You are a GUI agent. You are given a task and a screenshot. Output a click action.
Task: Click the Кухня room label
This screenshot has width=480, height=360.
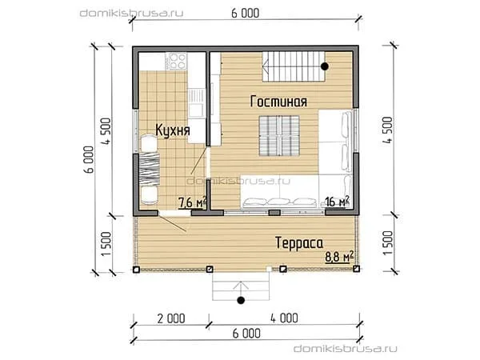coord(173,130)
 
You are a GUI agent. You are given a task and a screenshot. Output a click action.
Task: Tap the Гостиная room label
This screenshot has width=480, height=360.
coord(278,102)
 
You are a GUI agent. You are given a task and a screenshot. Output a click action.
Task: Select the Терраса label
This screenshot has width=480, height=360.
coord(299,243)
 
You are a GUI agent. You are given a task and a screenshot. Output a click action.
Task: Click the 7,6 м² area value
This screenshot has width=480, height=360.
coord(192,202)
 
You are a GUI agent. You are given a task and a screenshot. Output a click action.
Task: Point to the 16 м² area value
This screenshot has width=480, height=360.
coord(338,202)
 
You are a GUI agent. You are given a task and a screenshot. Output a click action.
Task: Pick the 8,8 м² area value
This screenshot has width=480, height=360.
coord(339,257)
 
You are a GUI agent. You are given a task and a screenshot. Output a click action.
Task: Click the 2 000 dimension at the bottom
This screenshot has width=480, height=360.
coord(171,318)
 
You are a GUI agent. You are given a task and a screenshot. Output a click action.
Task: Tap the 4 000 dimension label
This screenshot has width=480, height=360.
coord(284,318)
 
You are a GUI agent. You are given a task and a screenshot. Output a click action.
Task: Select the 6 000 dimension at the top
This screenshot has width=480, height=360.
coord(246,14)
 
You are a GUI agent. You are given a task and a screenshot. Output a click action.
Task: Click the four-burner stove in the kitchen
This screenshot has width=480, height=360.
coord(176,61)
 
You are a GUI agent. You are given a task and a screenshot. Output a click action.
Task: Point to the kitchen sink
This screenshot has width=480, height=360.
coord(196,103)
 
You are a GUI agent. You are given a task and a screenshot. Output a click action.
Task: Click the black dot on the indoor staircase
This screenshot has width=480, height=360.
coord(325,66)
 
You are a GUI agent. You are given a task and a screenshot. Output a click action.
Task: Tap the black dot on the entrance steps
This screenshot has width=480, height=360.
coord(241,300)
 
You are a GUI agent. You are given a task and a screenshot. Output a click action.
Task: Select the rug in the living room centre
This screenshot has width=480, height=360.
coord(279,136)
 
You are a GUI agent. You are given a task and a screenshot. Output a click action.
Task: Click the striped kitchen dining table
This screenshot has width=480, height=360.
coord(150,170)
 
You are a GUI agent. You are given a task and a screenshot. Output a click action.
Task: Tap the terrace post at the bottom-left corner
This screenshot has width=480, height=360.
coord(136,270)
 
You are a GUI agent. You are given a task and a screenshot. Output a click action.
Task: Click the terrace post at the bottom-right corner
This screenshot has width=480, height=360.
coord(356,269)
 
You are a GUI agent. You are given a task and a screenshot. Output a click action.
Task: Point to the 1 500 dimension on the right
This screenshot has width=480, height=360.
coord(387,242)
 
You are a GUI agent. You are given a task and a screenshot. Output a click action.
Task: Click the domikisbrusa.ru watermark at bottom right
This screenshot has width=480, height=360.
coord(346,348)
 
